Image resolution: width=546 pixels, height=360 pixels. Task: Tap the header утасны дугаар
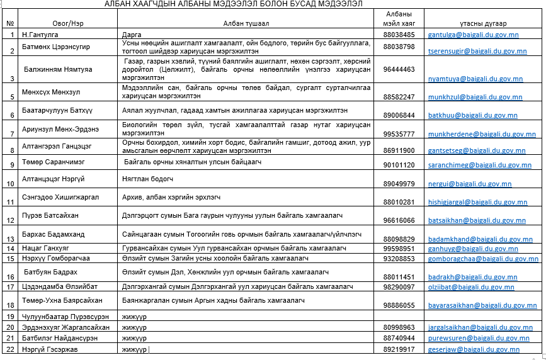(x=475, y=23)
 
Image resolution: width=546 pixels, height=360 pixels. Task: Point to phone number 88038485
(x=399, y=34)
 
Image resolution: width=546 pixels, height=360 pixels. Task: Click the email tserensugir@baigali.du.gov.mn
(x=477, y=51)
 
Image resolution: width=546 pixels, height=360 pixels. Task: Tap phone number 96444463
(x=399, y=69)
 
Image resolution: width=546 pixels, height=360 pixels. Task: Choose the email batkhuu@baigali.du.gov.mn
(x=472, y=116)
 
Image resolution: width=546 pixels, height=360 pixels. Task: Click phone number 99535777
(x=399, y=134)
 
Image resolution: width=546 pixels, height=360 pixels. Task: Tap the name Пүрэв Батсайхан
(x=50, y=215)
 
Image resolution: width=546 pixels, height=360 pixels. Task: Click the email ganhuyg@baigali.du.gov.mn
(x=472, y=249)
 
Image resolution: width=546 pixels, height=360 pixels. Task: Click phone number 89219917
(x=399, y=349)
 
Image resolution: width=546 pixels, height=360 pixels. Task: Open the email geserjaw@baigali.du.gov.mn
(x=474, y=350)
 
